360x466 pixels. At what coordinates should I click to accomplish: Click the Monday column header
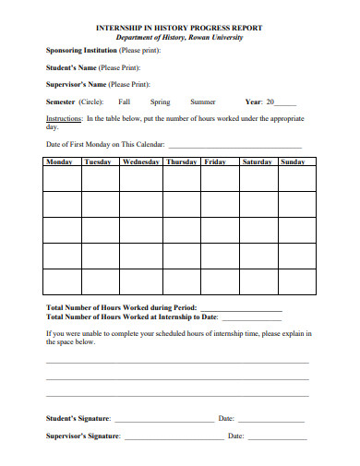(58, 161)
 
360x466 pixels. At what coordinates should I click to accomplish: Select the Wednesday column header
(141, 161)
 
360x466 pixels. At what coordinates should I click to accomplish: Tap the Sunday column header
(292, 161)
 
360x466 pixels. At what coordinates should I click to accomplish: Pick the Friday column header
(215, 161)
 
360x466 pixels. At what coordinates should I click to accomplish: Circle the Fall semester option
(125, 102)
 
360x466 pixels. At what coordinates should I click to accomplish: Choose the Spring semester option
(160, 102)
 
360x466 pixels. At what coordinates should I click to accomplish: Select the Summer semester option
(203, 102)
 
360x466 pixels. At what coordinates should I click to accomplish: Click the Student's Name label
(69, 67)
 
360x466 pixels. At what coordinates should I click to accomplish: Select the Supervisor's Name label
(76, 84)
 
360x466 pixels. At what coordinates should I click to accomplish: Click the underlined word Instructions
(64, 119)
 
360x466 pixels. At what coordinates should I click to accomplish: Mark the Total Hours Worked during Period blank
(240, 308)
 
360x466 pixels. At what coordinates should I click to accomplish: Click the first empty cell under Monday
(62, 178)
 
